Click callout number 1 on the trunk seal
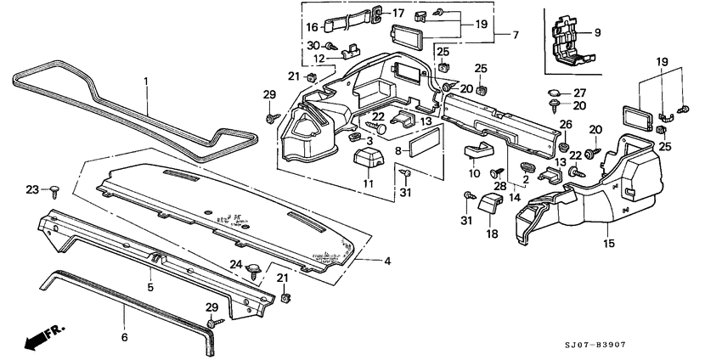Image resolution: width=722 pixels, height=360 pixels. [145, 82]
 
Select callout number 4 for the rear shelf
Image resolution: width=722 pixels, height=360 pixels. [386, 262]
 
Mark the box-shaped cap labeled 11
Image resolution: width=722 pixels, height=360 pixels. [368, 160]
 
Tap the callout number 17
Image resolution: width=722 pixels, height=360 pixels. [398, 13]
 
